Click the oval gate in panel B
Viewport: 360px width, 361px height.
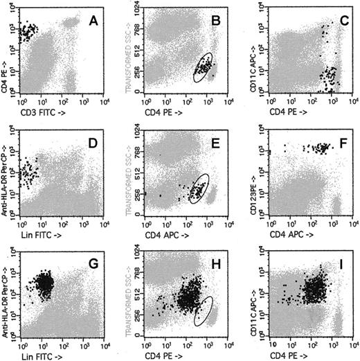click(x=204, y=68)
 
